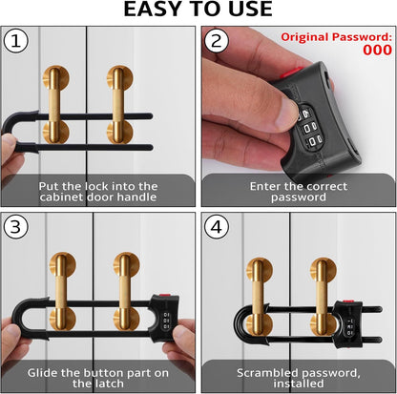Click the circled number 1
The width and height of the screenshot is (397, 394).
(x=16, y=41)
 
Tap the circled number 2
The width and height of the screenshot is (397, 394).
(x=217, y=41)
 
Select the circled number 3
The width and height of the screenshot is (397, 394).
(x=16, y=227)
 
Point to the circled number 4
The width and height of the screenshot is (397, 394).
(x=217, y=227)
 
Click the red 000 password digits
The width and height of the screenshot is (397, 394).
(x=378, y=51)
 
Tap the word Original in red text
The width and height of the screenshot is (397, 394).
(x=304, y=37)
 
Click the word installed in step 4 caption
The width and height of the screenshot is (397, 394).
(x=299, y=384)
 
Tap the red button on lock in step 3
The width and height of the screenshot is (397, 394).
(x=164, y=296)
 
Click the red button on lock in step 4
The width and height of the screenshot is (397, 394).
(x=348, y=301)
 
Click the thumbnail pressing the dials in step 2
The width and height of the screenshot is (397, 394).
(x=286, y=112)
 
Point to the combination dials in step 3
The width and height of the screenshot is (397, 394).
(x=166, y=321)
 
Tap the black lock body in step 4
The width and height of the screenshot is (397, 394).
(x=347, y=323)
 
